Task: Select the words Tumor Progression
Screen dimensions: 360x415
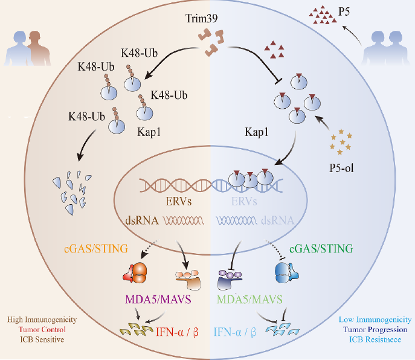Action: pyautogui.click(x=375, y=329)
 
